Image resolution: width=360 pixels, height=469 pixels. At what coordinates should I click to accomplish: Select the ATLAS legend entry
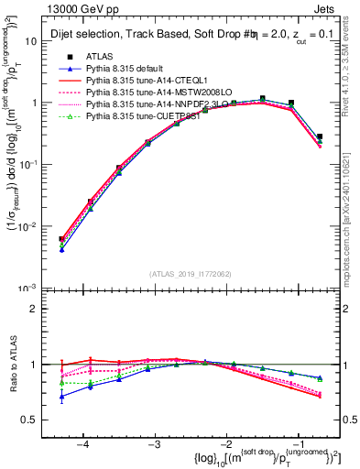coord(101,57)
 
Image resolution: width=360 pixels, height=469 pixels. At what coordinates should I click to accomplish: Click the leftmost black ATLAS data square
coord(61,239)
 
